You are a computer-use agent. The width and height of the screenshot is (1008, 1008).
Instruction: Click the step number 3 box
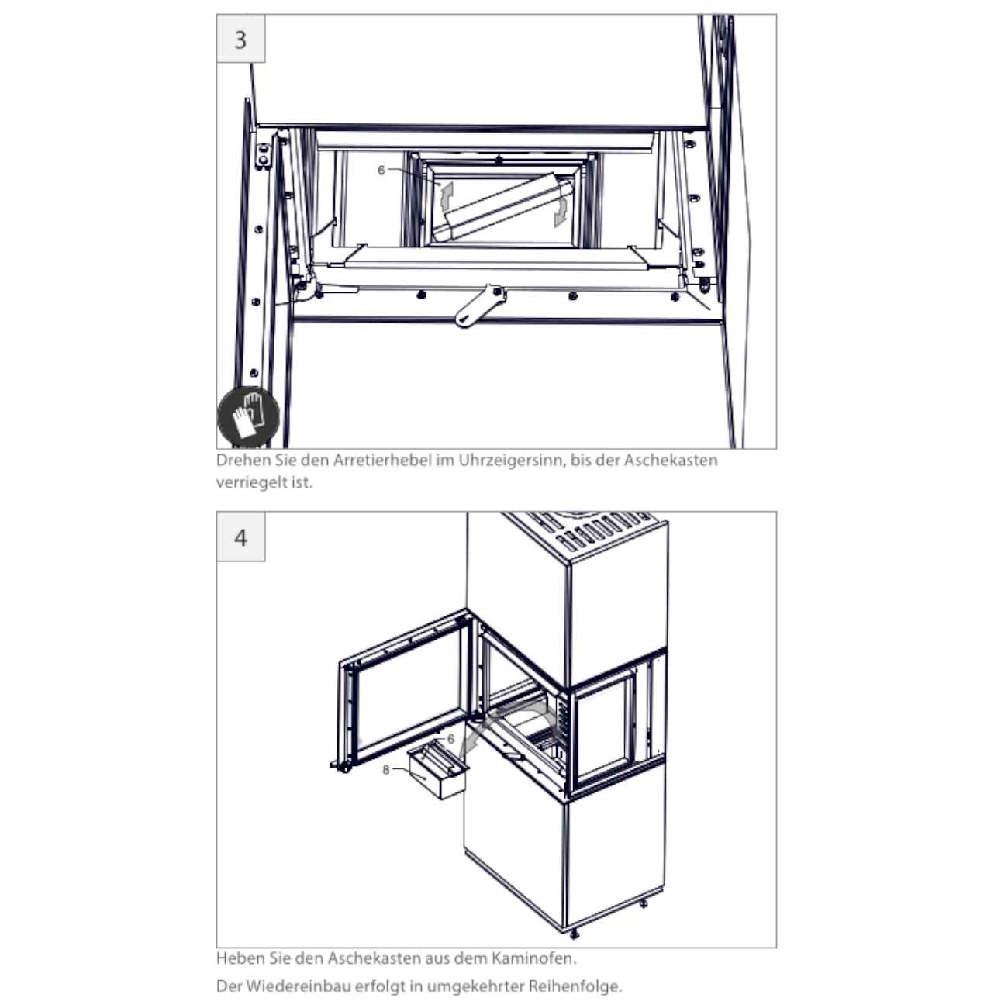240,39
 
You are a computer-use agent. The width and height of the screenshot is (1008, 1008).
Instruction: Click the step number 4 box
240,537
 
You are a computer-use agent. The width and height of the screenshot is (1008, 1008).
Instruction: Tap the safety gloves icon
248,416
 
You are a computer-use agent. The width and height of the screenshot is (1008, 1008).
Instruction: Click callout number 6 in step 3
381,170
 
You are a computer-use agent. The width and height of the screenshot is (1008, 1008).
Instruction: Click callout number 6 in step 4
451,739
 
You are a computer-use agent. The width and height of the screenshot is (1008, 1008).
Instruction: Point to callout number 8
386,769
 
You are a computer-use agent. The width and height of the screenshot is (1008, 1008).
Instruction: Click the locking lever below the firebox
480,306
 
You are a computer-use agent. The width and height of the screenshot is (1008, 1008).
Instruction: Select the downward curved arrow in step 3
561,212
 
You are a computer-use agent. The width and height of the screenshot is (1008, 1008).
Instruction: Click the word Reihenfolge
575,986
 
